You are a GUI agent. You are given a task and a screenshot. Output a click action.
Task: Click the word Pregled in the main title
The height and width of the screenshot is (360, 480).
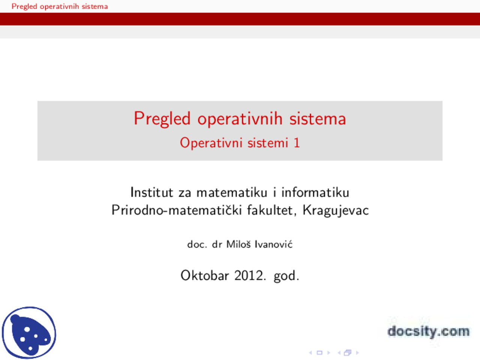click(x=162, y=119)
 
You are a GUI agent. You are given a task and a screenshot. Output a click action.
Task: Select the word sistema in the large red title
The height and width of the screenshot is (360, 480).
click(x=317, y=119)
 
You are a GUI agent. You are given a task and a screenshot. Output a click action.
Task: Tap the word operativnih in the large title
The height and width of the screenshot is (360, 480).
click(x=240, y=119)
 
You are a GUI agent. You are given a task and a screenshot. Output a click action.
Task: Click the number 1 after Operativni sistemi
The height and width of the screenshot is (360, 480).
click(x=297, y=143)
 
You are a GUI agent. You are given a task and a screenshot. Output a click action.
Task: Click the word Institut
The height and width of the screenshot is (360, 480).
click(x=152, y=192)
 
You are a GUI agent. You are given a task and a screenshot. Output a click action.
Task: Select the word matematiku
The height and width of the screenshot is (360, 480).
click(x=232, y=192)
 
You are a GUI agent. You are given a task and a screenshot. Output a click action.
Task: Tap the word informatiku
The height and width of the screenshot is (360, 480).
click(x=315, y=192)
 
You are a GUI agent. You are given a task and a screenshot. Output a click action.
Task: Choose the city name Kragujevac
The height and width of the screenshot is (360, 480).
click(x=336, y=210)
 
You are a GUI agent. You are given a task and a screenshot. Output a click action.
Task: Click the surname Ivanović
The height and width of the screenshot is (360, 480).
click(x=273, y=244)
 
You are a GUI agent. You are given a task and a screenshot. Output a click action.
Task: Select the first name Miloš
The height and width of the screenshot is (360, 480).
click(x=238, y=244)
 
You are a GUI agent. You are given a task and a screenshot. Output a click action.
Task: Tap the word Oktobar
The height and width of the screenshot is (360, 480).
click(x=204, y=276)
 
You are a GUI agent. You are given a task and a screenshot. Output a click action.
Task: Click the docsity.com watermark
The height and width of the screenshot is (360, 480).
click(x=428, y=331)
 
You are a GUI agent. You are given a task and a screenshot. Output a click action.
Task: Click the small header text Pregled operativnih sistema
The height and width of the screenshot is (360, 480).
click(x=60, y=6)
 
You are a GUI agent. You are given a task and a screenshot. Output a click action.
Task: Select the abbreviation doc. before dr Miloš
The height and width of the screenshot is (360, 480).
click(x=197, y=244)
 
